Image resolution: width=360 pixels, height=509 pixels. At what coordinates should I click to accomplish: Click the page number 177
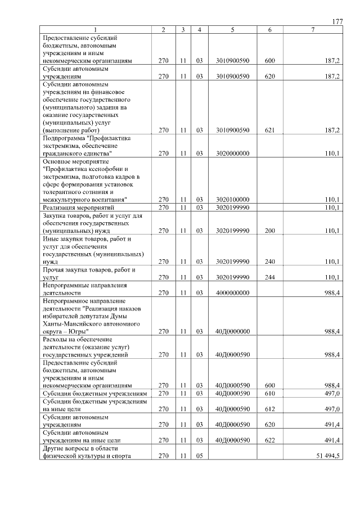tap(337, 21)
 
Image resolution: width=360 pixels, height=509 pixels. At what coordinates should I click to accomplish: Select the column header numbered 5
tap(232, 29)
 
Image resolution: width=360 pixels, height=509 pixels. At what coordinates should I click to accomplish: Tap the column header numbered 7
tap(313, 29)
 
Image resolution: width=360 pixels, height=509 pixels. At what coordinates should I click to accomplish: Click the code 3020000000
tap(232, 153)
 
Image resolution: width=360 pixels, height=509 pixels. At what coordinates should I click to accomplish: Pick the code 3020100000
tap(232, 200)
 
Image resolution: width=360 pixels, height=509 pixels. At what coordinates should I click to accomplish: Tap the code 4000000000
tap(232, 293)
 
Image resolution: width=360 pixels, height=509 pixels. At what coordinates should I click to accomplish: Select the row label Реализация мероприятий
tap(78, 208)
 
